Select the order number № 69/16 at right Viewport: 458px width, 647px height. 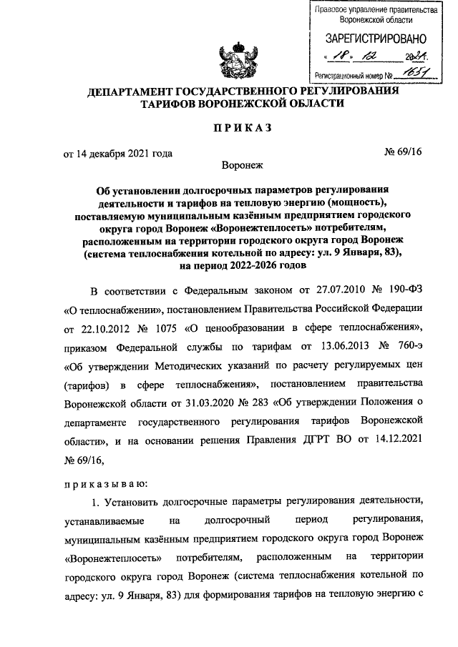(x=402, y=152)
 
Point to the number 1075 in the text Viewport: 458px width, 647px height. (x=169, y=347)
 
